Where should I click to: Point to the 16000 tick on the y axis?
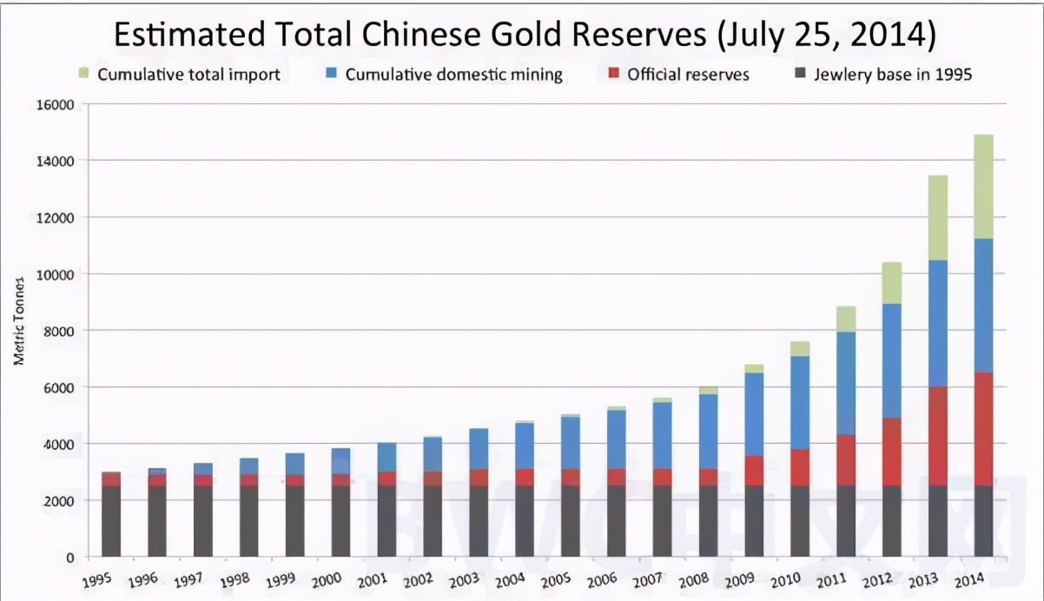coord(54,105)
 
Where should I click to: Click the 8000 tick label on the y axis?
coord(57,331)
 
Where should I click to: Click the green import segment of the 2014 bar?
coord(983,187)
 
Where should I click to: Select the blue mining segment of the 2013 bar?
coord(937,323)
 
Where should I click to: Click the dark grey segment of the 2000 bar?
coord(341,521)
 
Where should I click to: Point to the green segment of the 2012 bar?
coord(891,283)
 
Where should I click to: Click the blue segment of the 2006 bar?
coord(616,439)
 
